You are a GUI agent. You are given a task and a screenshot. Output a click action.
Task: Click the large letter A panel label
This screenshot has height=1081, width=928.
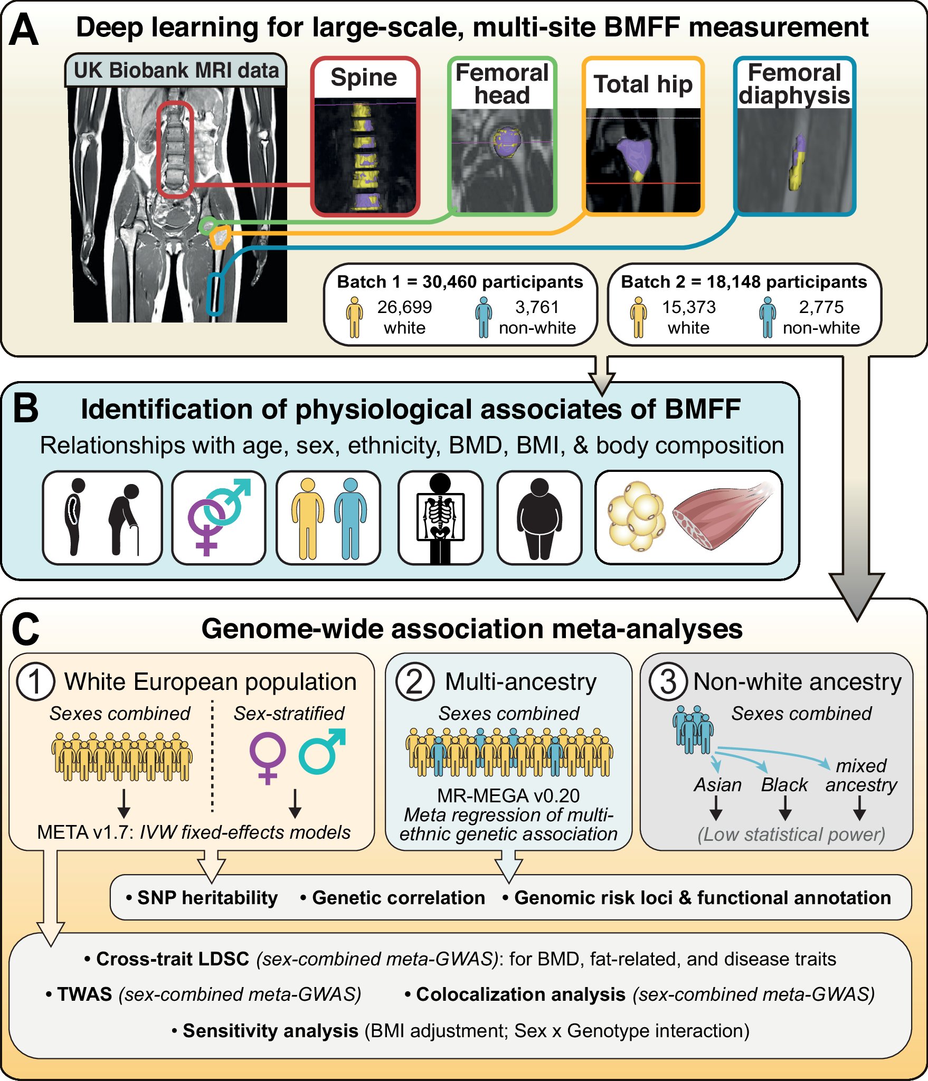click(x=24, y=31)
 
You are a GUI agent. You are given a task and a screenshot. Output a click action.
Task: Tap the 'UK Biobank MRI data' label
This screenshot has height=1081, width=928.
click(x=176, y=70)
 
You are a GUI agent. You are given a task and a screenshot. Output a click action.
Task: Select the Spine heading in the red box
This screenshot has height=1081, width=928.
click(x=364, y=78)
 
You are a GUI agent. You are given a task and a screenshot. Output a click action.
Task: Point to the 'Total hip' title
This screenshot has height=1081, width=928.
click(x=643, y=84)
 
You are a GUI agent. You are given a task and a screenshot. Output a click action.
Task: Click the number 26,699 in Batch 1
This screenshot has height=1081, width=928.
click(x=404, y=307)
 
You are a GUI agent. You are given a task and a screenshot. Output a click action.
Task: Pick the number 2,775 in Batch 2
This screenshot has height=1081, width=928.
click(x=821, y=307)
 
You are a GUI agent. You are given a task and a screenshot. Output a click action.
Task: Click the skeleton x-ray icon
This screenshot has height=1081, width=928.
click(x=440, y=518)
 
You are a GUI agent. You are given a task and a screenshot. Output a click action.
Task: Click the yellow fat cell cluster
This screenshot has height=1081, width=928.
click(x=637, y=517)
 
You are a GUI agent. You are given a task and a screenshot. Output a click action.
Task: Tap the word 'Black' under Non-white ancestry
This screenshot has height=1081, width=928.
click(x=784, y=785)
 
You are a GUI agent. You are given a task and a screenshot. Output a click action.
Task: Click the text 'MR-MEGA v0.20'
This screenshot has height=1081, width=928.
click(x=508, y=795)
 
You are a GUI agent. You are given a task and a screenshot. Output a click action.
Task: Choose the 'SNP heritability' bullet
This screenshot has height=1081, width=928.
click(x=207, y=897)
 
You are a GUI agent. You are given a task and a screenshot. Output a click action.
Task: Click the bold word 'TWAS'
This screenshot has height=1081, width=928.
click(x=84, y=994)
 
